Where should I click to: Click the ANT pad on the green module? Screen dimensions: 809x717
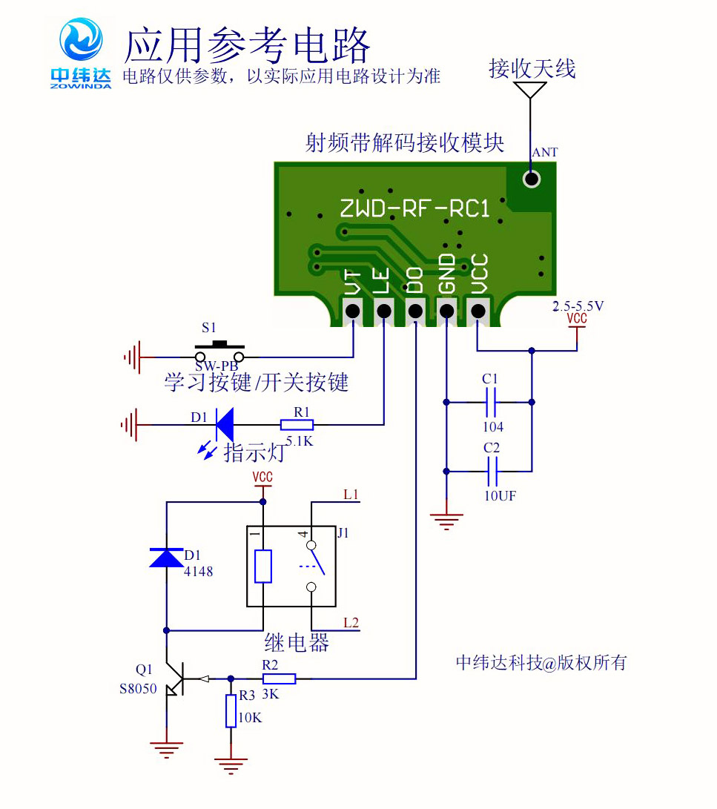pyautogui.click(x=531, y=179)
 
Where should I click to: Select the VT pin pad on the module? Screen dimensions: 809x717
pyautogui.click(x=352, y=311)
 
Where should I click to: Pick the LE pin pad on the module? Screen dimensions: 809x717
pyautogui.click(x=383, y=311)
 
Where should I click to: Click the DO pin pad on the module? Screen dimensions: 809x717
pyautogui.click(x=415, y=311)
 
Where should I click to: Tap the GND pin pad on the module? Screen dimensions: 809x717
pyautogui.click(x=446, y=311)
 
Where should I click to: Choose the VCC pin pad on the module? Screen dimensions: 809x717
pyautogui.click(x=478, y=311)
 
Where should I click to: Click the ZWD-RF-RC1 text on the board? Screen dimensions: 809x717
pyautogui.click(x=414, y=209)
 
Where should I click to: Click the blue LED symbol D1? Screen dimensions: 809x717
pyautogui.click(x=224, y=425)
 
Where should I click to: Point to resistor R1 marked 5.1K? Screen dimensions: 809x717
pyautogui.click(x=297, y=425)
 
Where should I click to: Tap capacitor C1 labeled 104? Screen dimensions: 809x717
pyautogui.click(x=490, y=403)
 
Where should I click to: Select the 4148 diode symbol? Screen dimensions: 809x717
pyautogui.click(x=166, y=557)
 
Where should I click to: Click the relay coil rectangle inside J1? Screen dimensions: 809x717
pyautogui.click(x=263, y=566)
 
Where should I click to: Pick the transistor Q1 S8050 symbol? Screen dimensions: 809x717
pyautogui.click(x=174, y=678)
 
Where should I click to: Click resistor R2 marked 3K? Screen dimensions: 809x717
pyautogui.click(x=280, y=678)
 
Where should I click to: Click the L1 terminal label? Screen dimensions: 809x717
pyautogui.click(x=351, y=494)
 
